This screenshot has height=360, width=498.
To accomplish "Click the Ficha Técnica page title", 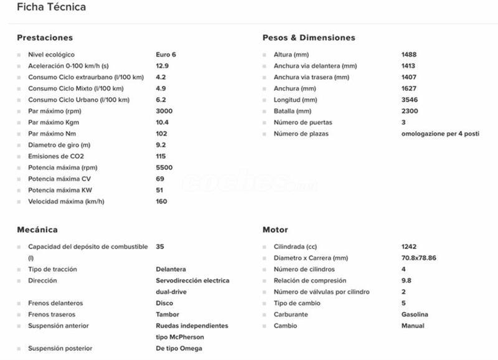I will click(51, 7).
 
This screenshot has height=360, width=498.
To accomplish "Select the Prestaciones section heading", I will click(45, 37).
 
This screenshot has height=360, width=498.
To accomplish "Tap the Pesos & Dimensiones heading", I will click(309, 37).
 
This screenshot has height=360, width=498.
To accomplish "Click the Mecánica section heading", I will click(37, 230).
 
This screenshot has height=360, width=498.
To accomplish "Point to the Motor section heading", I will click(275, 230).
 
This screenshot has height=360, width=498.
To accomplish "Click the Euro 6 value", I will click(166, 55).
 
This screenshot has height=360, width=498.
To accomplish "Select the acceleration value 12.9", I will click(162, 66).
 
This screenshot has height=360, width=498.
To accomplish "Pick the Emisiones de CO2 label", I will click(56, 156).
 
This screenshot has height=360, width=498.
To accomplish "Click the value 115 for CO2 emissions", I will click(161, 156).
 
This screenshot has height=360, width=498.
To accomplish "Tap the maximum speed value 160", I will click(161, 201).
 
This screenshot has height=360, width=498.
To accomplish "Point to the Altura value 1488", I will click(408, 55).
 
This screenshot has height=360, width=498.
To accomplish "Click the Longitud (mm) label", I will click(296, 100).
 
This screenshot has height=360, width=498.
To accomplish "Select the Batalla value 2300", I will click(410, 111).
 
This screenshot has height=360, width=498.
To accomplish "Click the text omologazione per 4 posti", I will click(440, 134).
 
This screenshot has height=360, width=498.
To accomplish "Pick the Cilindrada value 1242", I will click(409, 247).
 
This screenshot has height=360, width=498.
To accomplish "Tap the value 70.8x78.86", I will click(418, 258).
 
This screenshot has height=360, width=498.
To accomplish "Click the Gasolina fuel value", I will click(415, 315).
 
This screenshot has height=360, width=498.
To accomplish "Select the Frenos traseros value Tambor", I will click(167, 315).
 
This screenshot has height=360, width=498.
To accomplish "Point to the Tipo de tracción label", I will click(52, 269).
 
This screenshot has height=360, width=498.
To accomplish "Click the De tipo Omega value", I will click(179, 348).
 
